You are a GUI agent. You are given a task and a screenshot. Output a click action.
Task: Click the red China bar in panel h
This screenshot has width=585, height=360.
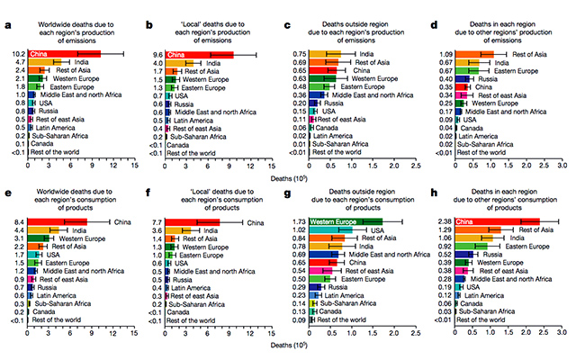[497, 220]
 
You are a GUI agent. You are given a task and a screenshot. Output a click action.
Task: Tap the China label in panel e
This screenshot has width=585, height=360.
[122, 220]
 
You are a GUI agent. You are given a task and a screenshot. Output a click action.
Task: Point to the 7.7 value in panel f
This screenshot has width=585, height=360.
[157, 220]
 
